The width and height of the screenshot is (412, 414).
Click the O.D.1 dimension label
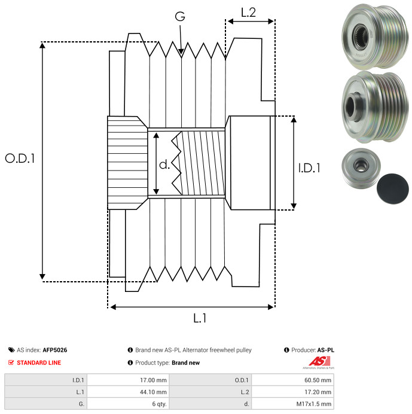coord(20,159)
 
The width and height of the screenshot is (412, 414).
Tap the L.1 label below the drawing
coord(200,319)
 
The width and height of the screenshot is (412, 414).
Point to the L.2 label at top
coord(249,13)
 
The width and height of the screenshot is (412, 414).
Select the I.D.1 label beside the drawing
coord(309,168)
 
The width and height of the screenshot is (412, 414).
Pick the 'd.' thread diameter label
coord(164,165)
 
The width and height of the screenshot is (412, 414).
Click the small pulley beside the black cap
coord(359,168)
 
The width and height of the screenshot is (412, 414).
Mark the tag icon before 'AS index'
coord(11,350)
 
